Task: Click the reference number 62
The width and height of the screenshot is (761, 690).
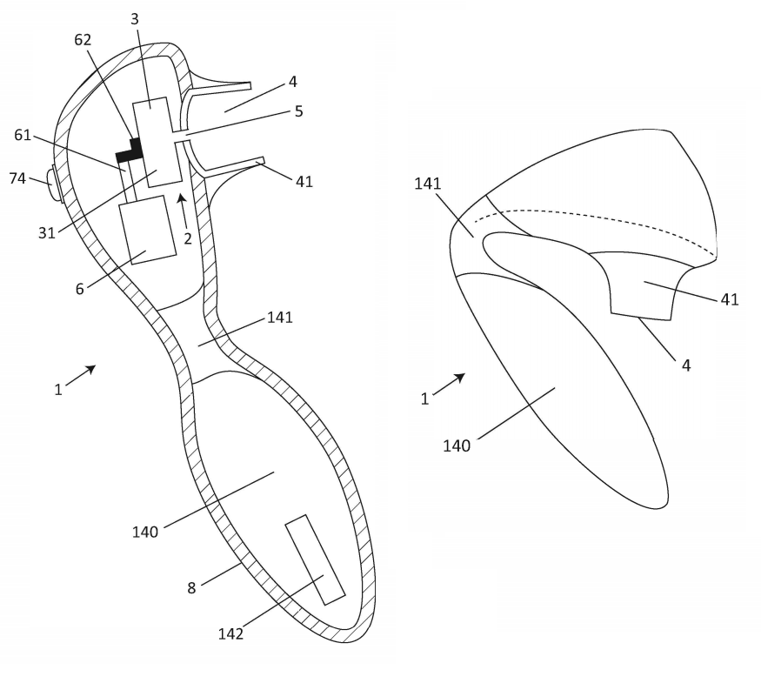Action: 83,39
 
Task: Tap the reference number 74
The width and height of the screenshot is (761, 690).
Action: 17,178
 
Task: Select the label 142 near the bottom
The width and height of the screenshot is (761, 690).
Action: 230,633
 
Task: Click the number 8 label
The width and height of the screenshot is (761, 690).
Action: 191,588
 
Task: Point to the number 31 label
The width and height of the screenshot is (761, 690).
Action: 47,233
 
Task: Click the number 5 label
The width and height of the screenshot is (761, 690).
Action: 299,111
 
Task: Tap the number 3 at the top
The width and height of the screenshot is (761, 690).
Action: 135,19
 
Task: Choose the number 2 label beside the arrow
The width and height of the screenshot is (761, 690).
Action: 187,238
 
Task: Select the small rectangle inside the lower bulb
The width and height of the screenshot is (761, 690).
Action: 315,559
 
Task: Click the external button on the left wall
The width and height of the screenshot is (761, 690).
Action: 56,184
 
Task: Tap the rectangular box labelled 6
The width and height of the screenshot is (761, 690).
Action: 148,230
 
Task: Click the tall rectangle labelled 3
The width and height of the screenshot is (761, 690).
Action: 157,142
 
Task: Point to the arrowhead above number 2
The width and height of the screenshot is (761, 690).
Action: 182,198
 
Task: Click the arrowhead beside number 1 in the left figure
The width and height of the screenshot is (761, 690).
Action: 90,370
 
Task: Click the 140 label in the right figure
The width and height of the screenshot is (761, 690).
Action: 457,445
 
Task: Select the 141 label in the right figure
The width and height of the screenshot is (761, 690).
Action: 428,184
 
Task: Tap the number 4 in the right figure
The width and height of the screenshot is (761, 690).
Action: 686,365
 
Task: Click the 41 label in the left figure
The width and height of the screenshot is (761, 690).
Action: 304,182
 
